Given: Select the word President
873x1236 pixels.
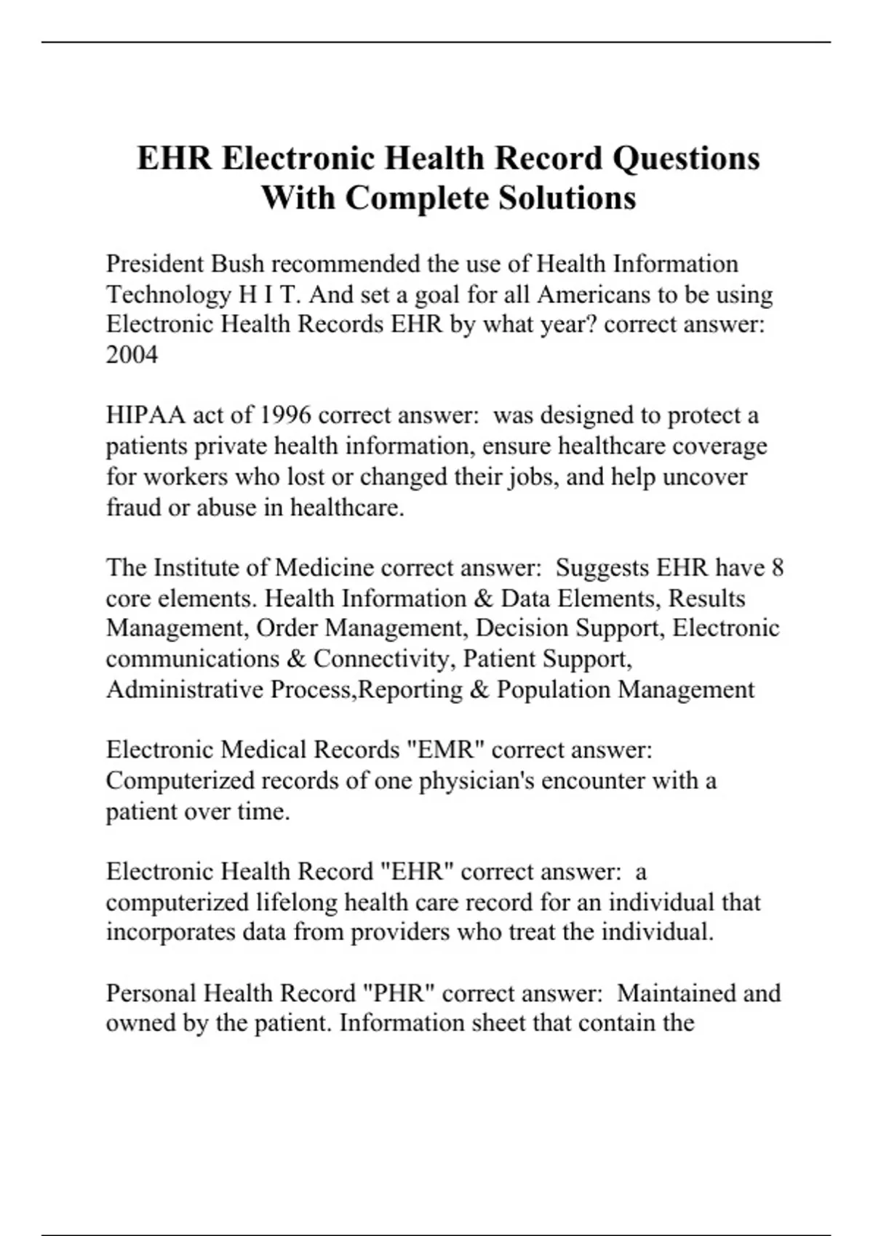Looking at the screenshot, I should (x=154, y=263).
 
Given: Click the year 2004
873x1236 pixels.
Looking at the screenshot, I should (x=132, y=355).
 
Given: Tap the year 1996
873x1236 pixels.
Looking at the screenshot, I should (x=285, y=415).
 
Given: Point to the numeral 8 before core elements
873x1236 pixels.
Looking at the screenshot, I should (x=777, y=567).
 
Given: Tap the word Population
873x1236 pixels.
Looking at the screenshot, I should (x=554, y=689).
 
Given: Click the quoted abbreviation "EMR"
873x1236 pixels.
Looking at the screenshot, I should (x=444, y=750).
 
